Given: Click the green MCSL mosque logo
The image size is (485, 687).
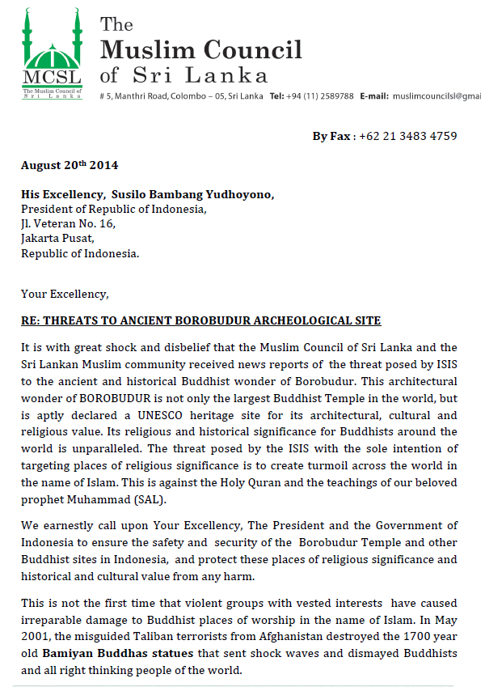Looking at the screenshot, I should pos(53,53).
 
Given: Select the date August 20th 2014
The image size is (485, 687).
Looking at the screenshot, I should pos(70,165).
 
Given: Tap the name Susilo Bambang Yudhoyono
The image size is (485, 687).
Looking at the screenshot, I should pos(204,194).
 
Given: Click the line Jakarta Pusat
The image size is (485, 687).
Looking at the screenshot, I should pos(57,238).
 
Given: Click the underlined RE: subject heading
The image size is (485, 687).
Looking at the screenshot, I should pos(200,321).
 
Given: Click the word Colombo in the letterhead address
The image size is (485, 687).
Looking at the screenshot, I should pos(187,95).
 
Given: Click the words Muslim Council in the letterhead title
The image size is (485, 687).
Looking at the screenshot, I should pos(200,50).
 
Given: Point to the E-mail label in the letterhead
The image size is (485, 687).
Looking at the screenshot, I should pos(374,95).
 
